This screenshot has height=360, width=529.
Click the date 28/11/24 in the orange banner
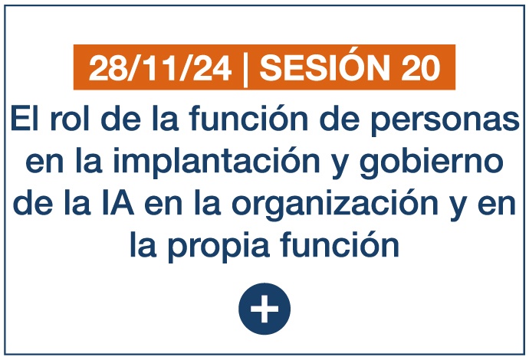click(160, 68)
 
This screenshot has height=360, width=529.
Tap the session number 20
click(421, 68)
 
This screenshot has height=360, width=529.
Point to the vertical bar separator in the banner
click(245, 70)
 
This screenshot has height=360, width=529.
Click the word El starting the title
click(25, 118)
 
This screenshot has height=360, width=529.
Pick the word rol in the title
click(70, 118)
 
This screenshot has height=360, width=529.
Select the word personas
click(445, 121)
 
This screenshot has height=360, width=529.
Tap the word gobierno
click(432, 162)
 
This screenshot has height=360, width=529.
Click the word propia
click(219, 247)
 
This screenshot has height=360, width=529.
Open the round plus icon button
click(264, 309)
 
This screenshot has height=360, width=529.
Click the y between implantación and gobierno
click(340, 166)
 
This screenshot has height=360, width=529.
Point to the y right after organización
click(458, 208)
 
